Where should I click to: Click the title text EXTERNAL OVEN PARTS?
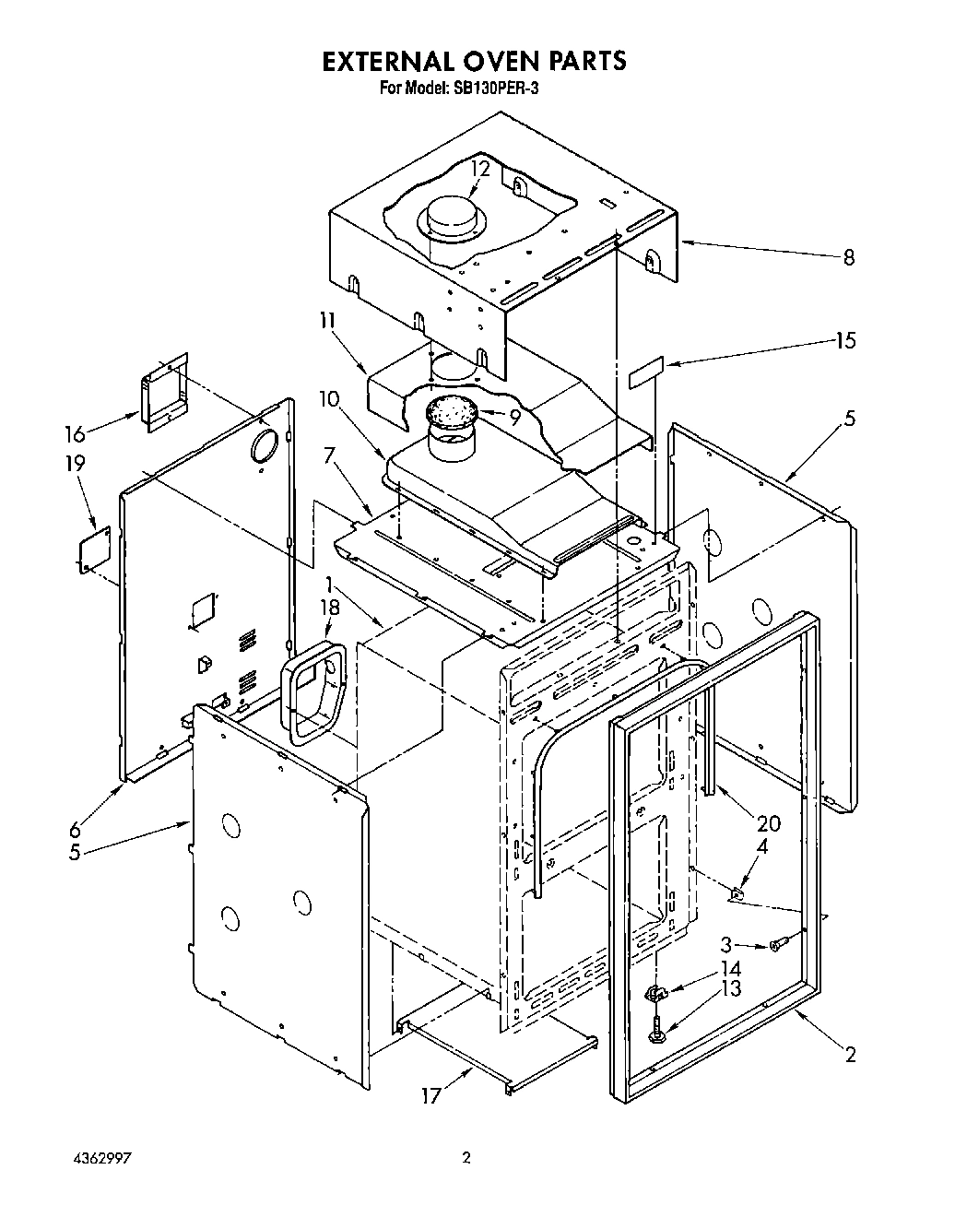(x=474, y=61)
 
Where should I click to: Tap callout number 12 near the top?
(x=479, y=169)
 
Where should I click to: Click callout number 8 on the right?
(x=848, y=257)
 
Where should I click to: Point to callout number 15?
(x=844, y=340)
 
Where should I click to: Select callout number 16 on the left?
(x=76, y=433)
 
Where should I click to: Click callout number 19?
(x=76, y=463)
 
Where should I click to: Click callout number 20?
(x=768, y=823)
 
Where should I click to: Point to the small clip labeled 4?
(x=737, y=892)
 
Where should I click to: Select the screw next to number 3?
(x=776, y=944)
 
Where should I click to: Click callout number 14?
(x=730, y=969)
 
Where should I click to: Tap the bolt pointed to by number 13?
(x=657, y=1029)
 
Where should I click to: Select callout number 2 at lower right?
(x=849, y=1054)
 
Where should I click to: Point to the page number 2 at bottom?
(x=466, y=1158)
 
